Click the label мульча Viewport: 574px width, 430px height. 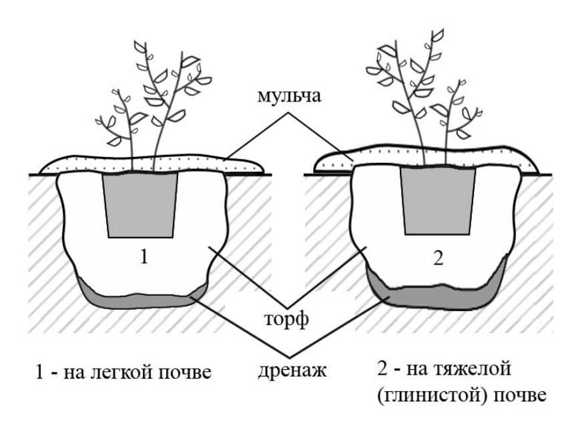coord(289,96)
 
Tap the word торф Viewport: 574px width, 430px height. coord(286,319)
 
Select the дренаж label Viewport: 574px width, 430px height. coord(292,371)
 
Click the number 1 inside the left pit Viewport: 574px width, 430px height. coord(144,257)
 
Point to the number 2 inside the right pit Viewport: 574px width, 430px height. coord(439,258)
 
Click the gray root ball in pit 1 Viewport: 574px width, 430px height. coord(140,205)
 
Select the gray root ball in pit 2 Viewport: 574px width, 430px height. coord(438,201)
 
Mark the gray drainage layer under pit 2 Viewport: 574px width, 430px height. coord(438,289)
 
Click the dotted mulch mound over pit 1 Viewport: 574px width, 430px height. coord(152,164)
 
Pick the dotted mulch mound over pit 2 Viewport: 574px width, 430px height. coord(426,158)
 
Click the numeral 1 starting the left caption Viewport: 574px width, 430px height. coord(40,372)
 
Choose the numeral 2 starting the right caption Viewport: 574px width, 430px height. coord(382,367)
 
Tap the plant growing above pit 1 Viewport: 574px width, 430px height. coord(154,106)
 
